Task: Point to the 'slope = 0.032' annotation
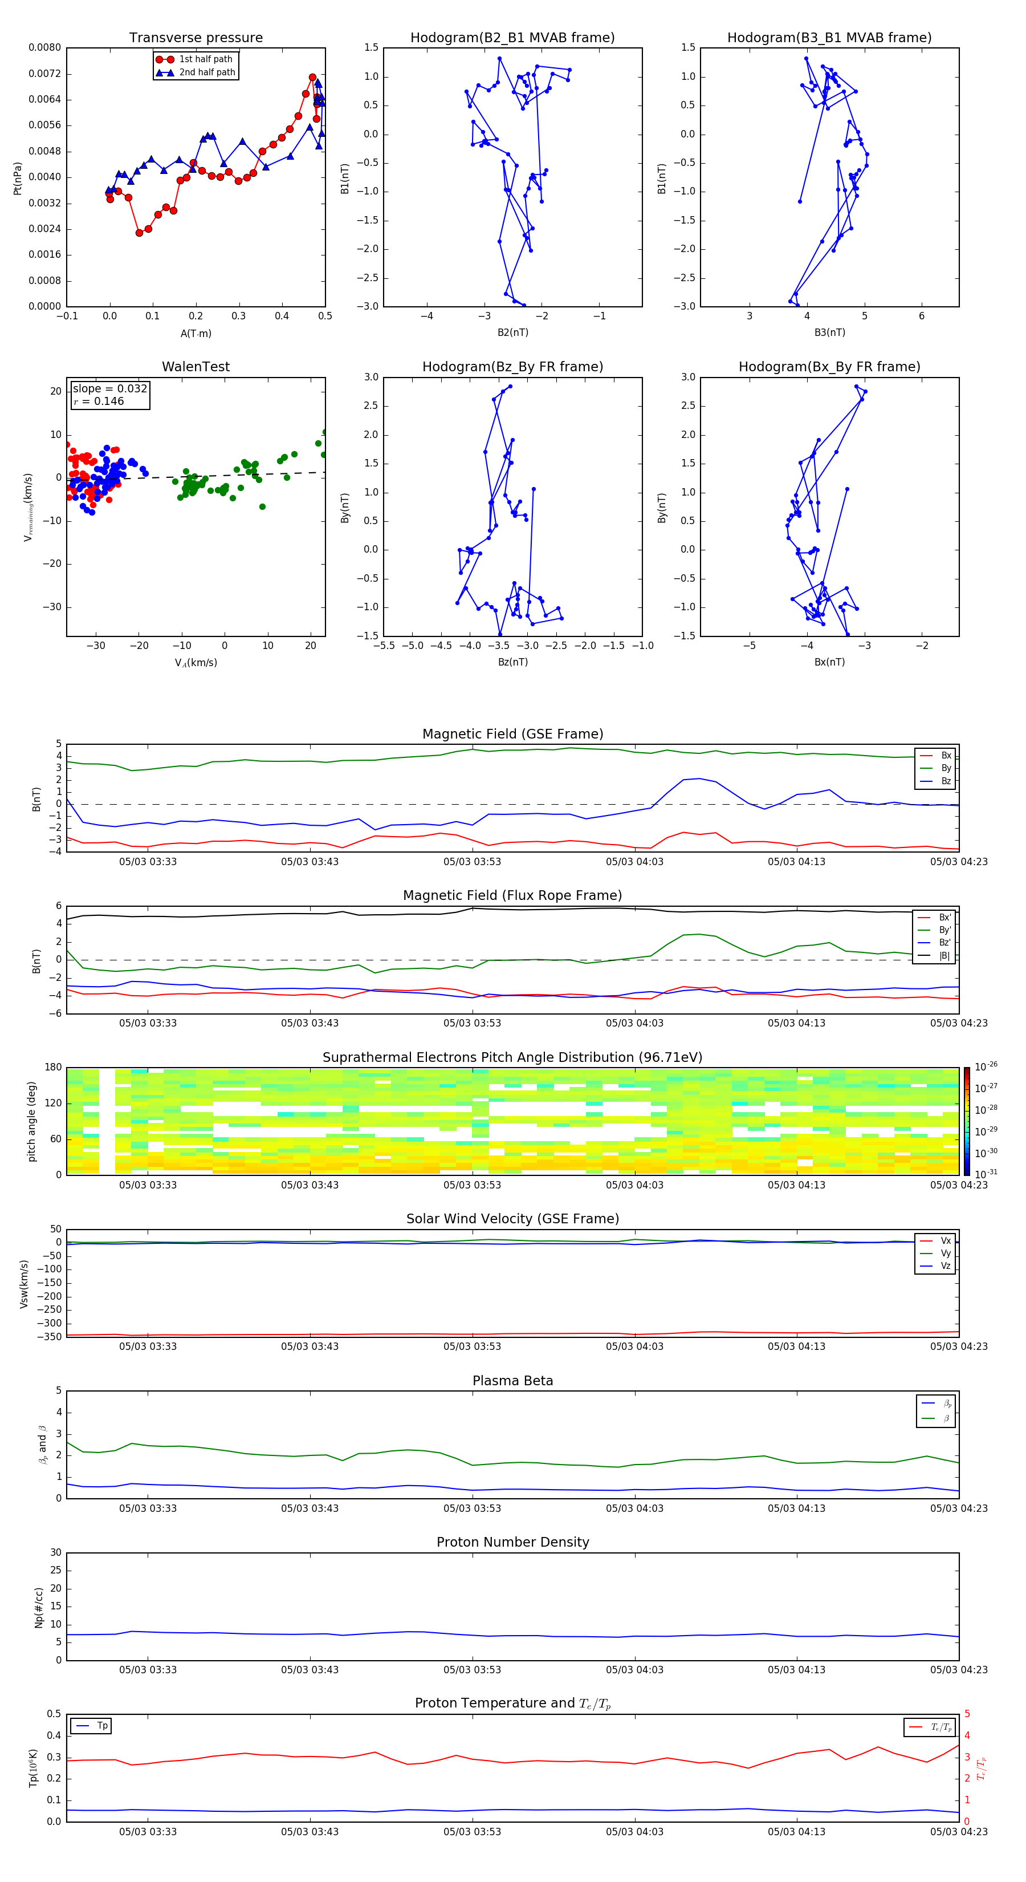point(109,389)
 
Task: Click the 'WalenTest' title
point(196,367)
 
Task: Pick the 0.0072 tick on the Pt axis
point(44,74)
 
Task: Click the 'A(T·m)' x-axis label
point(196,334)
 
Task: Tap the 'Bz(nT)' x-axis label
point(512,662)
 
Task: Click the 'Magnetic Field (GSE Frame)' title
point(512,734)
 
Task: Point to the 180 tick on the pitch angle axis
point(54,1068)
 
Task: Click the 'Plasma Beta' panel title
point(512,1381)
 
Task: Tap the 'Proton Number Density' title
point(512,1542)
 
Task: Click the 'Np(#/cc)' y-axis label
point(39,1607)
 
